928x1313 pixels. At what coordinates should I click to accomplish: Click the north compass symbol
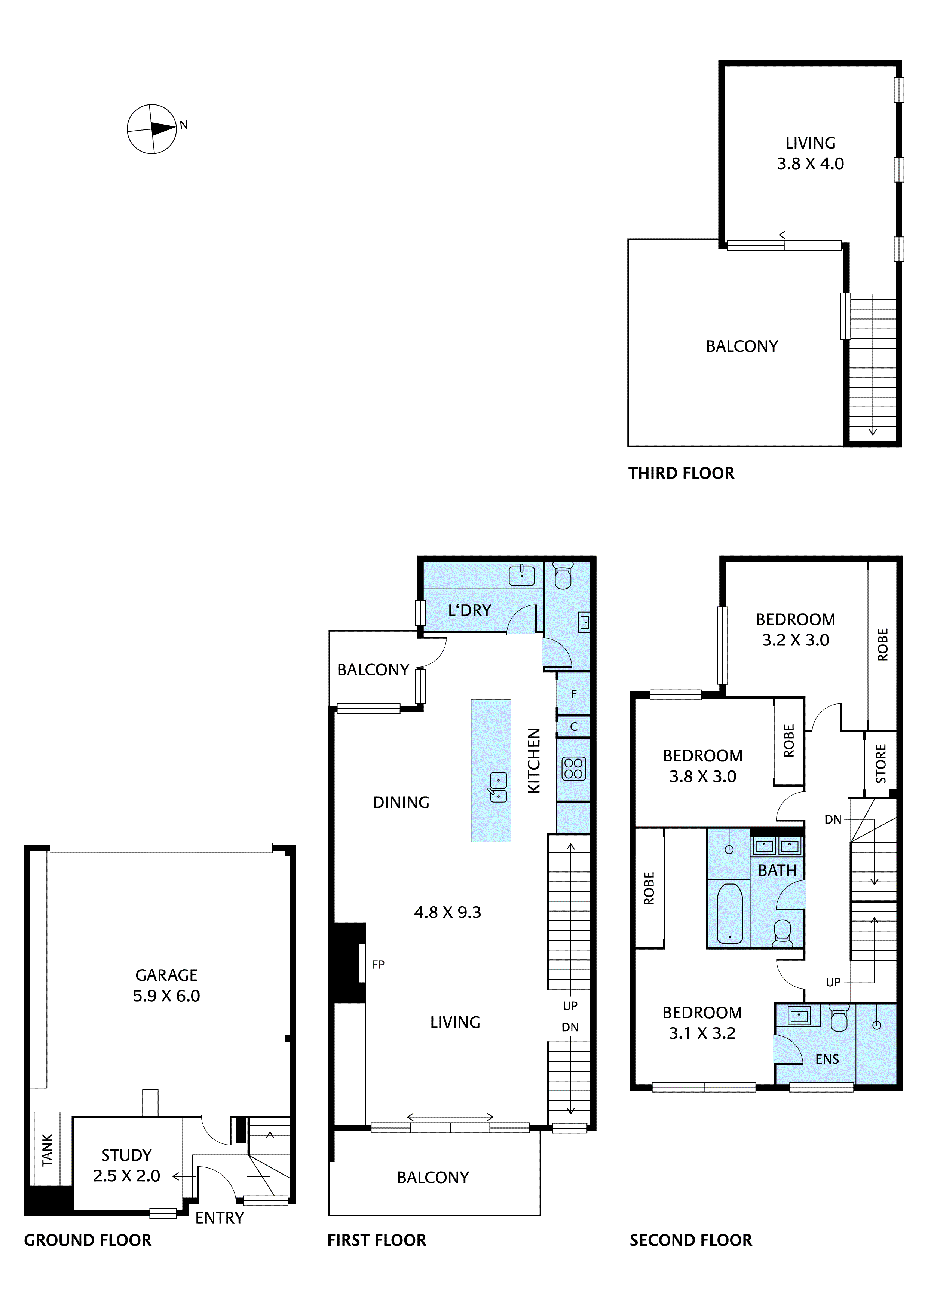point(151,129)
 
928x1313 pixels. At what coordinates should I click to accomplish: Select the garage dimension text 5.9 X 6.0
point(166,996)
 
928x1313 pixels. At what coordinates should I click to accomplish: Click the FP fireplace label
point(378,965)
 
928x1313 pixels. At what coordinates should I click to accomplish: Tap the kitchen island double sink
point(498,787)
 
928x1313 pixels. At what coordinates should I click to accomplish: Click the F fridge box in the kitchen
point(573,694)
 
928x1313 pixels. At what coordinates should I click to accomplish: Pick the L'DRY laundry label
point(469,611)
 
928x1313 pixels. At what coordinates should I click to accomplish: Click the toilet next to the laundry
point(563,575)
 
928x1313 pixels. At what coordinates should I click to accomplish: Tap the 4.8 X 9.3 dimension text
point(447,912)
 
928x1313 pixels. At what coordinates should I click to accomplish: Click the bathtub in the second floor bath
point(730,913)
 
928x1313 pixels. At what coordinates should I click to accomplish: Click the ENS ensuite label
point(827,1059)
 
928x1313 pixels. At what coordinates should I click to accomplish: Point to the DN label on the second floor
point(833,819)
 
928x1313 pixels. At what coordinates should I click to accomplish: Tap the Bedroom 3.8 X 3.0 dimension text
point(703,776)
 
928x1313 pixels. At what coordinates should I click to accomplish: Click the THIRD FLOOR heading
point(681,473)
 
